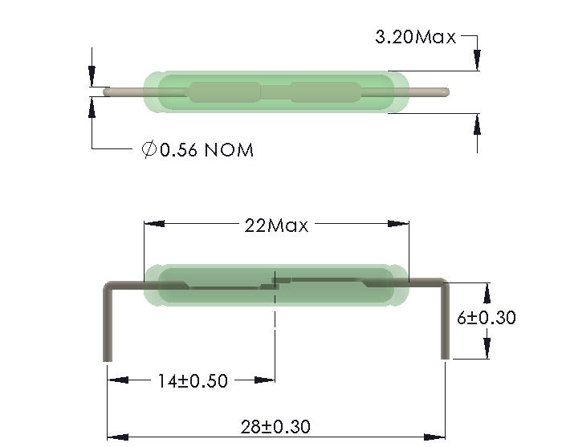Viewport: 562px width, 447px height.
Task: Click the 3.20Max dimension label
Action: [415, 37]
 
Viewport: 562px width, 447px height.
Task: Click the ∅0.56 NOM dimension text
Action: [198, 150]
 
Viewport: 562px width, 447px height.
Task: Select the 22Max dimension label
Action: [276, 226]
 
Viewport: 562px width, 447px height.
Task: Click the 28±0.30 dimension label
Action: [275, 426]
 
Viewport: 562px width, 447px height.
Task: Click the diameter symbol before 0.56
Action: [149, 150]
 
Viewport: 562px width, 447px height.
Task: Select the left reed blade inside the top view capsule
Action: [224, 91]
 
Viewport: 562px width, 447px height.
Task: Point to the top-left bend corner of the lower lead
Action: [108, 283]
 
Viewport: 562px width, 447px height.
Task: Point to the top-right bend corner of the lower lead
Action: [443, 282]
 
